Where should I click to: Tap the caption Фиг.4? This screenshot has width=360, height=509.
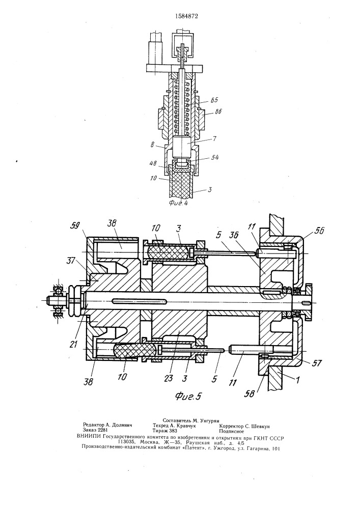(179, 203)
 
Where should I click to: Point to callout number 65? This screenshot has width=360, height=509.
(214, 100)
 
